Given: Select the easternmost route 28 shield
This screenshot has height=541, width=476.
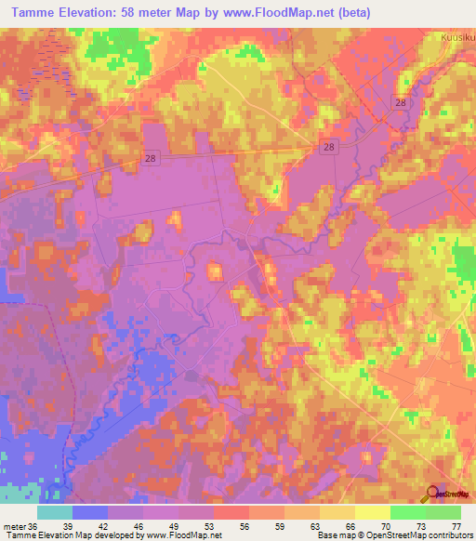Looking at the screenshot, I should coord(400,104).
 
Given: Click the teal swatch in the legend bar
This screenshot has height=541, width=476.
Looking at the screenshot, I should coord(55,512).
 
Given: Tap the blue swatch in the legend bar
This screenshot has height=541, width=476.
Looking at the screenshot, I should coord(90,512).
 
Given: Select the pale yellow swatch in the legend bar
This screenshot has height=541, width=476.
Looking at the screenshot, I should coord(373,512).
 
